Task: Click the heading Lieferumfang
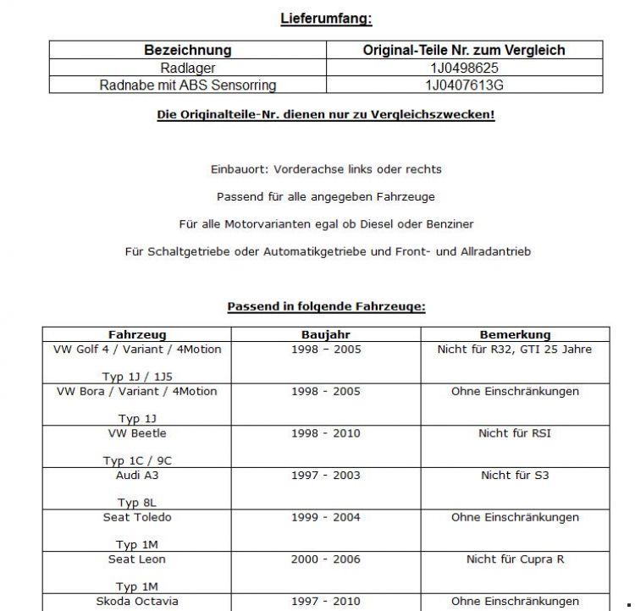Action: (x=326, y=18)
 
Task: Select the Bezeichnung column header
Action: (x=187, y=50)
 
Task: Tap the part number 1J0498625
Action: (x=464, y=68)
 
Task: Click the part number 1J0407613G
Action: (x=464, y=85)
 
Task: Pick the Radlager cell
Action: (x=187, y=68)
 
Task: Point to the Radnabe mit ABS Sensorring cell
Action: (x=187, y=85)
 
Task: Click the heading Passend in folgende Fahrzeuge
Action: (x=326, y=306)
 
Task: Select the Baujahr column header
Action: (x=326, y=334)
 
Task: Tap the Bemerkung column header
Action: (x=515, y=334)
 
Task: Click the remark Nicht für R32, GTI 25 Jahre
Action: (x=515, y=349)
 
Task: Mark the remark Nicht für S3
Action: (x=515, y=475)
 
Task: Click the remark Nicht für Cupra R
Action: (x=515, y=559)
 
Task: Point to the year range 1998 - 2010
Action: (x=326, y=432)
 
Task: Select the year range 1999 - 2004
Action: (x=326, y=517)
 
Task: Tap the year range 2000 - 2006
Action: (x=326, y=559)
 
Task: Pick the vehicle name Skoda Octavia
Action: (x=137, y=601)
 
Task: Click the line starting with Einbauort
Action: (x=326, y=169)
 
